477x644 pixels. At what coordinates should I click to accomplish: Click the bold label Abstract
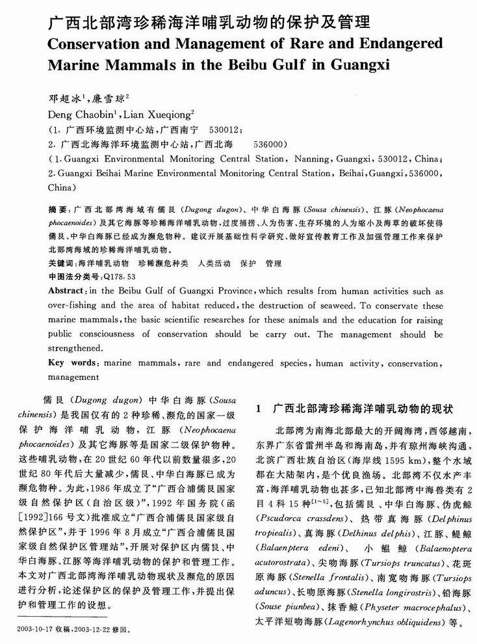click(x=68, y=290)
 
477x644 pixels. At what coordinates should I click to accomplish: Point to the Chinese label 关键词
click(x=62, y=264)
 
